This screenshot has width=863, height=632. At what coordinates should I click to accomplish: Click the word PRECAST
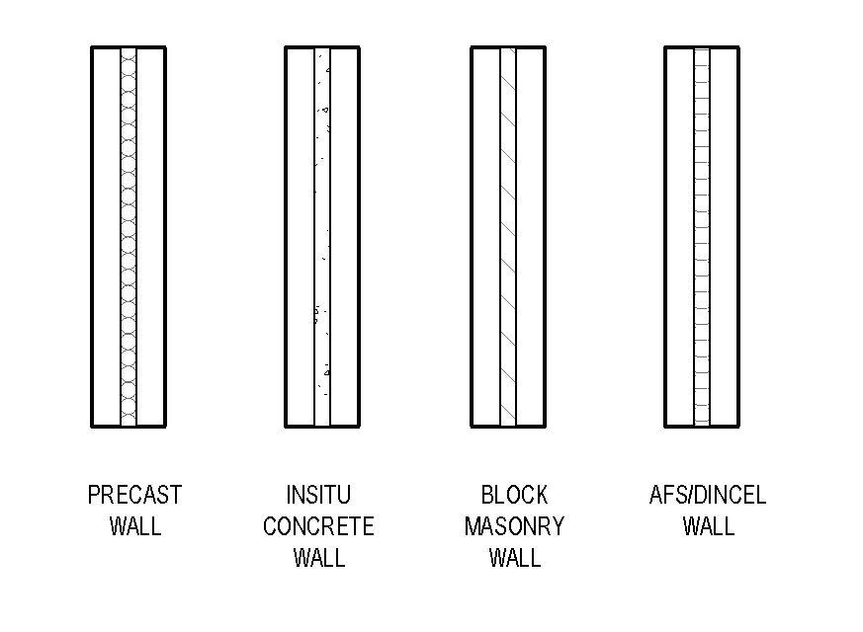click(x=134, y=495)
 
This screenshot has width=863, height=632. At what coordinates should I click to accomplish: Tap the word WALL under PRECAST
click(x=135, y=526)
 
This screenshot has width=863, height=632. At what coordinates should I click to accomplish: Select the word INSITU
click(x=318, y=495)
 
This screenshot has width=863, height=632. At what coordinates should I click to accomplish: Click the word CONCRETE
click(x=318, y=526)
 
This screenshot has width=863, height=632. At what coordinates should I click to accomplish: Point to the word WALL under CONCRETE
click(x=319, y=558)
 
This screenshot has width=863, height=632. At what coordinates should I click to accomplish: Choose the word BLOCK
click(x=515, y=495)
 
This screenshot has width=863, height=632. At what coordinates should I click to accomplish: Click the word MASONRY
click(x=515, y=526)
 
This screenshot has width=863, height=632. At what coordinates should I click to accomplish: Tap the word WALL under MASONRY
click(x=515, y=558)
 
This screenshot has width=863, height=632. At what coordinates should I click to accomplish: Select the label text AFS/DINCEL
click(x=708, y=495)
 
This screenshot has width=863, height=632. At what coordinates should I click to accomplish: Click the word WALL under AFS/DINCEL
click(x=709, y=526)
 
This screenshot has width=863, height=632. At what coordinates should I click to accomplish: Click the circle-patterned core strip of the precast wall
click(x=129, y=237)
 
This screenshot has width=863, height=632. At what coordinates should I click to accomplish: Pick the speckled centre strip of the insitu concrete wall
click(x=322, y=237)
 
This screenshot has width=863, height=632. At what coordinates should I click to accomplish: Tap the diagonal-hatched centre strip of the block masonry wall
click(x=508, y=237)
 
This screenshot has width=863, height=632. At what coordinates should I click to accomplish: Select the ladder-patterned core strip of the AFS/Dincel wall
click(x=702, y=237)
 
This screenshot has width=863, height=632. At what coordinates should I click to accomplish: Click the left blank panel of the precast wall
click(x=106, y=237)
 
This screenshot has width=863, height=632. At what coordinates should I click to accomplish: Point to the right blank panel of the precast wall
click(x=150, y=237)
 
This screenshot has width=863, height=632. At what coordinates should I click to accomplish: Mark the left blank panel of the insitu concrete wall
click(x=301, y=237)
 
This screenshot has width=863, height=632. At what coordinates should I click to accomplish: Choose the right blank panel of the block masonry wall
click(x=530, y=237)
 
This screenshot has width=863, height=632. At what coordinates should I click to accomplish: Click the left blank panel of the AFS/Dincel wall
click(x=680, y=237)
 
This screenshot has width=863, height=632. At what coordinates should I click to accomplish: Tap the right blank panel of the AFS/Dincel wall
click(x=724, y=237)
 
